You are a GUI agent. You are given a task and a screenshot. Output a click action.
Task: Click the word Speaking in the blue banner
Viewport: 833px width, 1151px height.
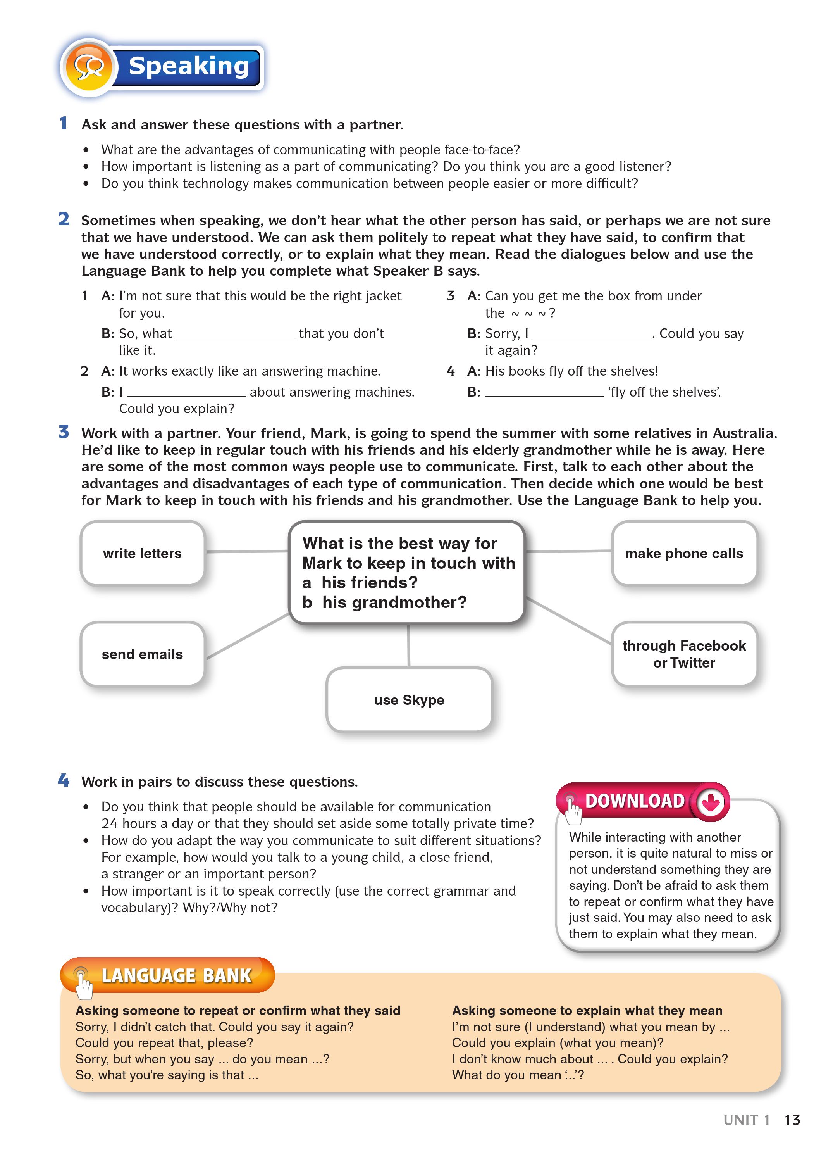tap(188, 66)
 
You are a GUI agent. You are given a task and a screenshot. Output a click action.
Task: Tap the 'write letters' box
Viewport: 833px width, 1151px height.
tap(142, 553)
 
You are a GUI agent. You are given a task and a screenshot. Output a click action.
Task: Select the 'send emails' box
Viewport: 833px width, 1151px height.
tap(142, 654)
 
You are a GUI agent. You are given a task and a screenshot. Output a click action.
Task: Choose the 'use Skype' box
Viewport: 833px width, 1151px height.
tap(409, 700)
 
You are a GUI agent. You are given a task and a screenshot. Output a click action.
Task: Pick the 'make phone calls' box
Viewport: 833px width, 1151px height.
tap(684, 553)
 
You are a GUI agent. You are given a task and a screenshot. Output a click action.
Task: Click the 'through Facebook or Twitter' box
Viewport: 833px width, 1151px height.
tap(684, 654)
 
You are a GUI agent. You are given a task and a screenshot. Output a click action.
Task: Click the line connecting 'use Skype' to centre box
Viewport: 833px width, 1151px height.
tap(408, 645)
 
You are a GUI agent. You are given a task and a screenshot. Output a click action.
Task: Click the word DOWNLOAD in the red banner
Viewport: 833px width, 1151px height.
tap(635, 801)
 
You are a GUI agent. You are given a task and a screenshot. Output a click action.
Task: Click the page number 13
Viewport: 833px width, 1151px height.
tap(792, 1120)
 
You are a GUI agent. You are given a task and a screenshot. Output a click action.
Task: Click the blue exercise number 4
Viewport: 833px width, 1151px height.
tap(64, 780)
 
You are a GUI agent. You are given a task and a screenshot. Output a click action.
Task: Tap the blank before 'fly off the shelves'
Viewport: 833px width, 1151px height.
tap(544, 394)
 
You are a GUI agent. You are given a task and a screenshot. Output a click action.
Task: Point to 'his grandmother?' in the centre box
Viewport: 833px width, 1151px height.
tap(394, 602)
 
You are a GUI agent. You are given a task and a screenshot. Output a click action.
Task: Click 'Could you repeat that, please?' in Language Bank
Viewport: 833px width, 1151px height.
tap(164, 1043)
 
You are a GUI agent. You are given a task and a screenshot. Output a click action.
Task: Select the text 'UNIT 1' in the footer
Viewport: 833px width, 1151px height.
tap(746, 1120)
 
